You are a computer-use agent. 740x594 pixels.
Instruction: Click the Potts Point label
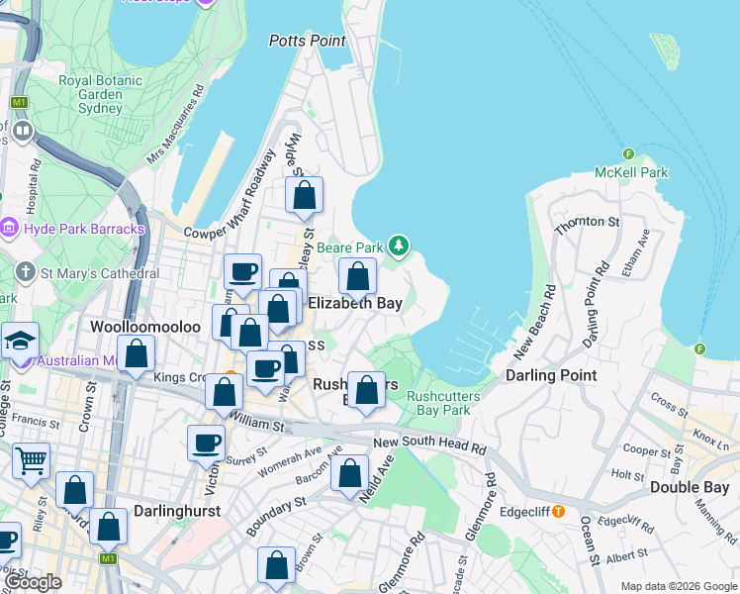tap(308, 41)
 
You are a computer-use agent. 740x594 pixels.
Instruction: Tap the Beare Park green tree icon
tap(398, 245)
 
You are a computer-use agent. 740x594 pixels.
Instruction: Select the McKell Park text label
tap(631, 172)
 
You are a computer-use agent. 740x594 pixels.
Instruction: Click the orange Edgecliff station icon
tap(558, 511)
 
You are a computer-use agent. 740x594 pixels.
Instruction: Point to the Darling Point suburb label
tap(551, 375)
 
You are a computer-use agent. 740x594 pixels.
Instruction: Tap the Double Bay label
tap(690, 486)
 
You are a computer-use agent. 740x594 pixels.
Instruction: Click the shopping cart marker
tap(31, 458)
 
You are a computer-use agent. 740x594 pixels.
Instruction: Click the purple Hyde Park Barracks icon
tap(9, 229)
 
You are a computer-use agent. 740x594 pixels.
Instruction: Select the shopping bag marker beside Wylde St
tap(304, 195)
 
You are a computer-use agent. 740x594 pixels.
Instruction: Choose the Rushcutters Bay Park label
tap(438, 402)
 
